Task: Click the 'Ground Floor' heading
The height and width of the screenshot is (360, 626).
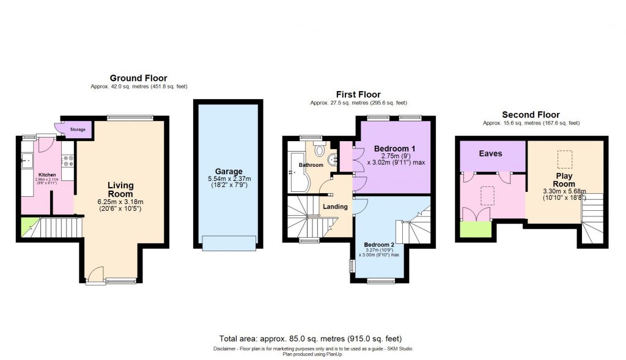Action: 138,78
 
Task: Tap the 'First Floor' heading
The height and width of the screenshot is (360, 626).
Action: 358,94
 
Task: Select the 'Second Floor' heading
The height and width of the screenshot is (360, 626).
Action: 531,114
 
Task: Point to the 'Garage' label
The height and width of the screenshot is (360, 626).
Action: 228,171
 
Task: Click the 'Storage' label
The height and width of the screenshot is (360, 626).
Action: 78,130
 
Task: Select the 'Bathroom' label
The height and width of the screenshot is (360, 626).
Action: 311,165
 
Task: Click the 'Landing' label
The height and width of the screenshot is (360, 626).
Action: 335,207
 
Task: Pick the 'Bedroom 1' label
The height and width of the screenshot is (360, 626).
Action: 394,149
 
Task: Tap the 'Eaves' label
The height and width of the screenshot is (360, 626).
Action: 490,153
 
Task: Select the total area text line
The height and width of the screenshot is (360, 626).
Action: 311,339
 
